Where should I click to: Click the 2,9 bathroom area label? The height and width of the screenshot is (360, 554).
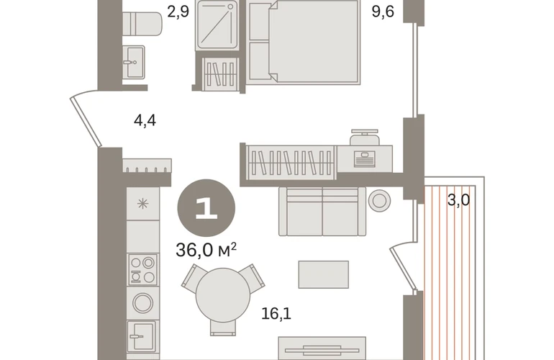(178, 12)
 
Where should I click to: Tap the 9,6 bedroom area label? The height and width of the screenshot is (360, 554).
(383, 12)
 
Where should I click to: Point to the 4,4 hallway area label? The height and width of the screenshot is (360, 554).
(145, 120)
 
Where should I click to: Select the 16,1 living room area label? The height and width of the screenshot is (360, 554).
(276, 314)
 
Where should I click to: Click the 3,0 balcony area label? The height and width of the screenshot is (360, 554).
(458, 200)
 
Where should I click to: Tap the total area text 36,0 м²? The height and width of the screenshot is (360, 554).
(206, 250)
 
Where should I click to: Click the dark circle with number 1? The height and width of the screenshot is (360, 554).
(206, 208)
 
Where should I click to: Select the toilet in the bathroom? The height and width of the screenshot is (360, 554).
(142, 24)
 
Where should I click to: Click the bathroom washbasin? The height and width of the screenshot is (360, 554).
(134, 62)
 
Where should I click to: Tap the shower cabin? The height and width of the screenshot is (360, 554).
(217, 25)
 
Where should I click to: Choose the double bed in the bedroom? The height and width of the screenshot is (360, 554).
(303, 42)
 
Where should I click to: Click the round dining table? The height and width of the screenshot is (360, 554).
(223, 295)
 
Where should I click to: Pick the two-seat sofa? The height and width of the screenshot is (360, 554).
(322, 212)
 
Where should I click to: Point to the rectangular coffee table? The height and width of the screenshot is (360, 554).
(324, 275)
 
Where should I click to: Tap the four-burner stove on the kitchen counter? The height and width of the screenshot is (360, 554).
(142, 269)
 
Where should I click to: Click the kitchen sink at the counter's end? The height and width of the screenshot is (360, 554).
(142, 336)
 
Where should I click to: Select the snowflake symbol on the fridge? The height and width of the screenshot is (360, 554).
(142, 204)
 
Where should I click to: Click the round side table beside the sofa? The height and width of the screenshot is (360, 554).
(379, 201)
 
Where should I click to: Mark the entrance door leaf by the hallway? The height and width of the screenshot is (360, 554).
(86, 121)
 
